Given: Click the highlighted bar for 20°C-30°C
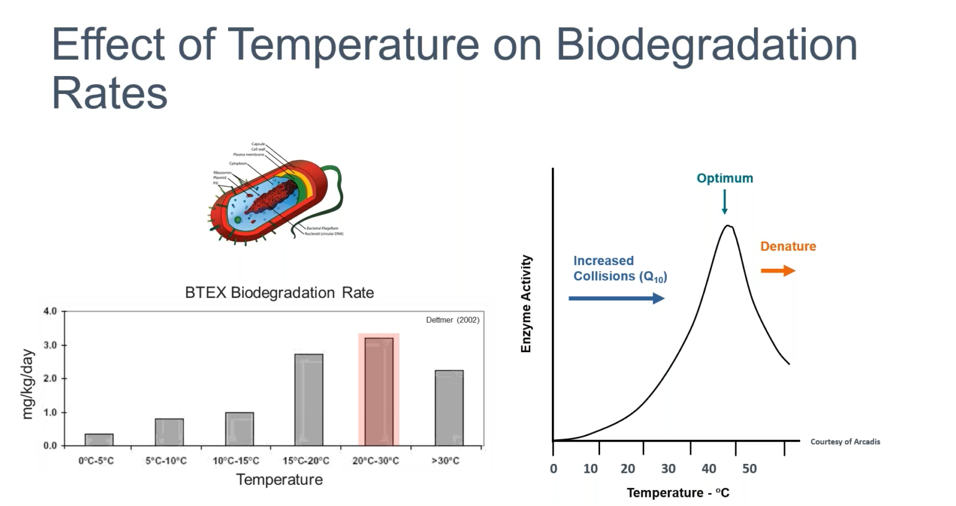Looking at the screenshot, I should pos(379,391).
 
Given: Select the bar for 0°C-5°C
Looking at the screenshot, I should pos(99,439).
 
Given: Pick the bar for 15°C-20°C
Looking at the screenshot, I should pos(308,399).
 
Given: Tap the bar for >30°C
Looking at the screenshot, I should pos(449,408).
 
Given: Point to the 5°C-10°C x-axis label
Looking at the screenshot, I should pos(166,461).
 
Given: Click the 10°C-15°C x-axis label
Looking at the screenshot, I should pos(236,461).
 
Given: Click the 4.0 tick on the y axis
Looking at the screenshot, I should pos(50,311).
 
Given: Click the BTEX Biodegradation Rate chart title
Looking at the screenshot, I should pos(279,293).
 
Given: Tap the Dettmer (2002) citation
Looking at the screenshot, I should pos(452,320).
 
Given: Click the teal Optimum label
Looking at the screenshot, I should pos(725,179).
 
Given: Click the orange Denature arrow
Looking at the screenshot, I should pos(778,271).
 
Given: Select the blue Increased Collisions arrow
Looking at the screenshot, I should pos(616,298).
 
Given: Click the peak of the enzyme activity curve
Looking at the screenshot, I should pos(728,226).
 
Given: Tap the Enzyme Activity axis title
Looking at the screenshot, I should pos(526,304).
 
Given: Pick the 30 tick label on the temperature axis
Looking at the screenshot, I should pos(668,469).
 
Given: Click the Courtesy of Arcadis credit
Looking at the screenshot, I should pos(845,442).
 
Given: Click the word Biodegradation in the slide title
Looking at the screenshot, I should pos(706,44).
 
